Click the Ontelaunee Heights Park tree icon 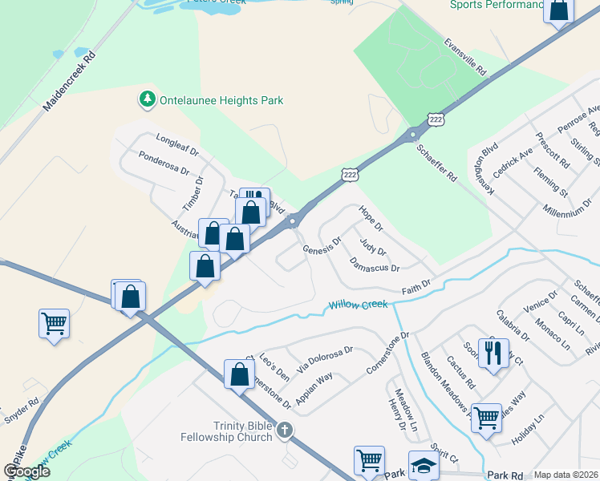[147, 100]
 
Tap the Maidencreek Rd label [70, 81]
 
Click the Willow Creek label [358, 305]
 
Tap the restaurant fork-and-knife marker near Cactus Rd [493, 351]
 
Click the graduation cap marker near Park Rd [423, 464]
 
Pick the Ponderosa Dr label [163, 164]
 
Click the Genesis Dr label [322, 245]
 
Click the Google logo [26, 471]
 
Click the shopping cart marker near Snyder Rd [54, 324]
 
